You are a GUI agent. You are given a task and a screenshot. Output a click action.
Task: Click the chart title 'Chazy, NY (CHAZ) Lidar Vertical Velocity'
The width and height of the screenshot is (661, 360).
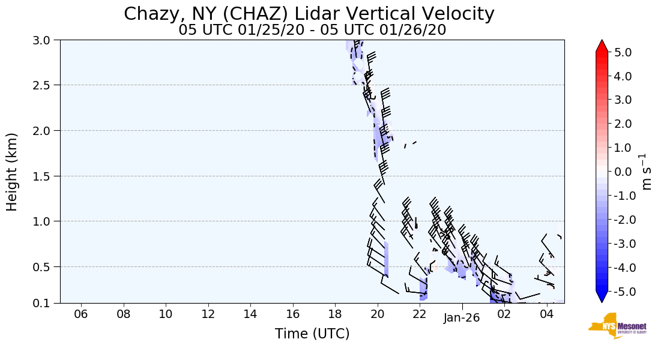309,14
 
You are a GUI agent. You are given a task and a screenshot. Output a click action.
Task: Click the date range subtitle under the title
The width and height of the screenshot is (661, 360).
312,30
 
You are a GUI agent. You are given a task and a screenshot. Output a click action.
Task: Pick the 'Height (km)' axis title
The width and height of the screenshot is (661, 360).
13,172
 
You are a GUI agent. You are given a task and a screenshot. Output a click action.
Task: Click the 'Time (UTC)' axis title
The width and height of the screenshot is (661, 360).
312,334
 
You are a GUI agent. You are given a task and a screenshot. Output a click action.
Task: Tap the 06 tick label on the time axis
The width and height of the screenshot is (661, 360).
81,314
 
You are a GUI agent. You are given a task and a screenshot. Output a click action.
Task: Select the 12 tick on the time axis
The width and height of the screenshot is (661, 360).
208,314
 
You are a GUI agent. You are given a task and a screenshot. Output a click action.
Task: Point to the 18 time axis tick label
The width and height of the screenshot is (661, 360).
335,314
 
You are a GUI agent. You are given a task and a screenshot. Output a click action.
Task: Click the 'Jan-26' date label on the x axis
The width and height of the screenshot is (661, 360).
462,319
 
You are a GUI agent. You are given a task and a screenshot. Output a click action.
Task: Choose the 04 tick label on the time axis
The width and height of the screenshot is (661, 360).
546,314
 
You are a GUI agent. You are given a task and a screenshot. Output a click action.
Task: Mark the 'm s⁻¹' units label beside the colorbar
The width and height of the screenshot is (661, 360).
647,172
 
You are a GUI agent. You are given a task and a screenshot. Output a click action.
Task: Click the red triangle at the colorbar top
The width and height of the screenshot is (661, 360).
602,46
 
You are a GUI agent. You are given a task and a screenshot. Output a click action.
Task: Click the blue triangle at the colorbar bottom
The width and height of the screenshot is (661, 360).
602,296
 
